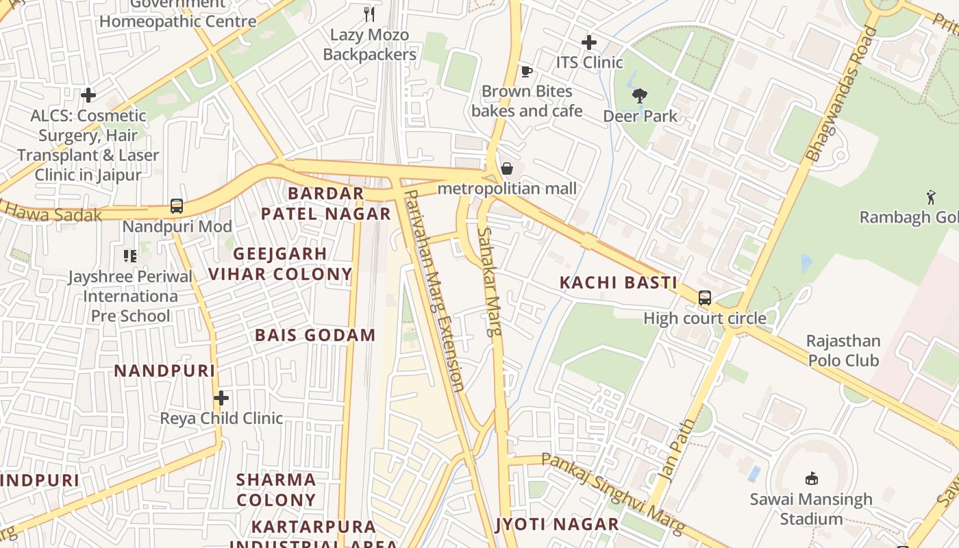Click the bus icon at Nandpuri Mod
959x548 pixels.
pos(177,206)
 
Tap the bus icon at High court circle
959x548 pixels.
pos(705,298)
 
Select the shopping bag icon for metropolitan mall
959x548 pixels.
pos(507,169)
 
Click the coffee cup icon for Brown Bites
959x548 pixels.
pos(526,71)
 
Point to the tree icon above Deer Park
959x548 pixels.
pos(640,96)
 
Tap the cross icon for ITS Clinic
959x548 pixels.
pos(588,42)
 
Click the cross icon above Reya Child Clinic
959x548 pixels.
pos(221,397)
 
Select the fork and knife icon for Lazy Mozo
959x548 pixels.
pos(369,14)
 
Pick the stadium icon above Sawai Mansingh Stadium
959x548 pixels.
pos(811,478)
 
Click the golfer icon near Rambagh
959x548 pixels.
pos(930,197)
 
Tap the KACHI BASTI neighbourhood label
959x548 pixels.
pos(619,282)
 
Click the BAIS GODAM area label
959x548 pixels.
pos(315,335)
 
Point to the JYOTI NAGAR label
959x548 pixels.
pos(557,525)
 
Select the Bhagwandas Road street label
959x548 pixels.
pos(842,94)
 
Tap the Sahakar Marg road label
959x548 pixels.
pos(491,281)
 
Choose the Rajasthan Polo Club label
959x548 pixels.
pos(843,351)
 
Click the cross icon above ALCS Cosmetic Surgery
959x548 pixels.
pos(88,95)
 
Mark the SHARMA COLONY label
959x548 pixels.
pos(276,489)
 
